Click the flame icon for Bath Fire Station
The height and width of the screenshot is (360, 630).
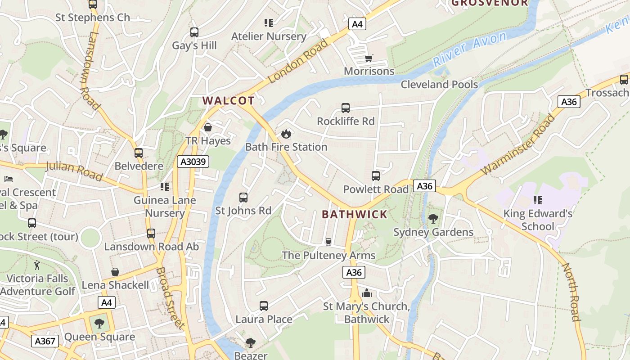coord(286,134)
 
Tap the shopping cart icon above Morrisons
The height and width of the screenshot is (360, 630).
coord(369,58)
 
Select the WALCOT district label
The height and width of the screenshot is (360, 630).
coord(229,101)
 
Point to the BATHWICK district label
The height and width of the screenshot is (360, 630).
coord(355,214)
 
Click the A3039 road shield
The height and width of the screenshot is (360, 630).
coord(193,162)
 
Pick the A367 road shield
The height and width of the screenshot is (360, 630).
coord(45,341)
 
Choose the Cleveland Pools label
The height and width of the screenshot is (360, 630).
coord(439,84)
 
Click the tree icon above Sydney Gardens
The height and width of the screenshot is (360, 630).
coord(433,219)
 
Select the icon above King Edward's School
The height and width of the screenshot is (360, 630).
coord(537,200)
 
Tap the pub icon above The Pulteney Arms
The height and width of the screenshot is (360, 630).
coord(328,242)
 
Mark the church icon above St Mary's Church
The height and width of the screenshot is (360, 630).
coord(367,293)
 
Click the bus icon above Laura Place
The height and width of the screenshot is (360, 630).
coord(264,306)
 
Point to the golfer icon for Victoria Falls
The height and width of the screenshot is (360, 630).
coord(37,265)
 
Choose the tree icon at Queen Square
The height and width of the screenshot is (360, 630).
coord(99,323)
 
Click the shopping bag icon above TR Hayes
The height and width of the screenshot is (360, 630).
coord(208,127)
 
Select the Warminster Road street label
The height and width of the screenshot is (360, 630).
coord(517,145)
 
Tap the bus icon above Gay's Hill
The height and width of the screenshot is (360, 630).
coord(194,32)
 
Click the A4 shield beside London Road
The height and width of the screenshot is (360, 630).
coord(357,24)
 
